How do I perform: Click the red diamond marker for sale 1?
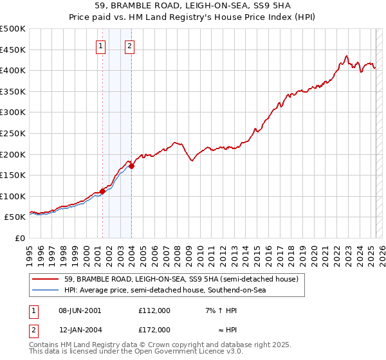tap(102, 191)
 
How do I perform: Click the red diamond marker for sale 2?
tap(131, 166)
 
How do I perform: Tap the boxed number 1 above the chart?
tap(102, 46)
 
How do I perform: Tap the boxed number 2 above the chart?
tap(130, 46)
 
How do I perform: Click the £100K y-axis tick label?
tap(13, 196)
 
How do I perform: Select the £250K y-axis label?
tap(13, 133)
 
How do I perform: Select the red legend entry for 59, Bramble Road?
tap(181, 280)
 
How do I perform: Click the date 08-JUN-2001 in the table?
tap(80, 310)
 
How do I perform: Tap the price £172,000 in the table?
tap(154, 330)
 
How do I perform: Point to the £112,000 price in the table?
tap(154, 310)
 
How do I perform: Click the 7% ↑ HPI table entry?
tap(221, 310)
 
